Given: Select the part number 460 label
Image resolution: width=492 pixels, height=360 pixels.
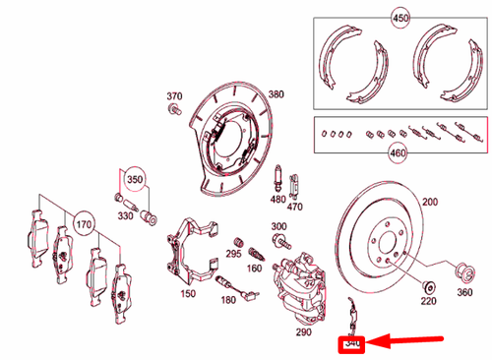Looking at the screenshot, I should pos(400,153).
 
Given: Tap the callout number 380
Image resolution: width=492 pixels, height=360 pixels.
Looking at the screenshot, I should pos(276,94).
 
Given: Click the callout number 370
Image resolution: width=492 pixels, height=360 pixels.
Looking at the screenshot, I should pos(174,96).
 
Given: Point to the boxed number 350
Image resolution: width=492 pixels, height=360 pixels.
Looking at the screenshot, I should pos(134,181).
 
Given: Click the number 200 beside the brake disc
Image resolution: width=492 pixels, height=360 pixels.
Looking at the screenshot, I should pos(430,201).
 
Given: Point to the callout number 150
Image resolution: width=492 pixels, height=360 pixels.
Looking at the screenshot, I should pos(187,293).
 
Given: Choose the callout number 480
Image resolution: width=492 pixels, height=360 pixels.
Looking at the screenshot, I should pos(277,199).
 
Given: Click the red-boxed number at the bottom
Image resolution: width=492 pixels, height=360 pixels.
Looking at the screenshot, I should pos(351,344).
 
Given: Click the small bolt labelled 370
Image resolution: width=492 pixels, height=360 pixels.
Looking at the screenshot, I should pos(174,112).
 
